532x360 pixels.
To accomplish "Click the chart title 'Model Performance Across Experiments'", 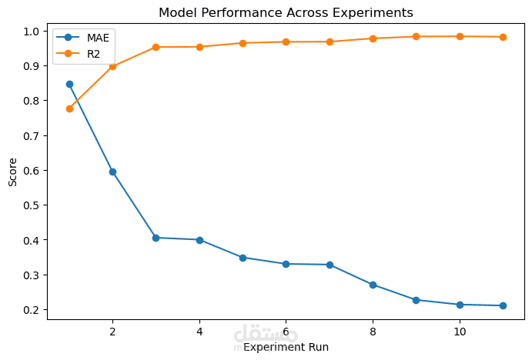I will tap(286, 12).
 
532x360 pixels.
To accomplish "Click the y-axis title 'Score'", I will tap(12, 172).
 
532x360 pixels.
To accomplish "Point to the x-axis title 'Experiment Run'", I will tap(286, 347).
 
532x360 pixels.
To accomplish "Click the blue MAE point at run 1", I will tap(69, 84).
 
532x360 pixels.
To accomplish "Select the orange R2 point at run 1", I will tap(69, 108).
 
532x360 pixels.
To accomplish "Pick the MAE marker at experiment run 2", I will tap(112, 172).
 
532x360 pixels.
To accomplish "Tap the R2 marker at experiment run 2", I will tap(112, 67).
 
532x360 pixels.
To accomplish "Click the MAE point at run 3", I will tap(156, 238).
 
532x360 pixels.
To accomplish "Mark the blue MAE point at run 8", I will tap(373, 285).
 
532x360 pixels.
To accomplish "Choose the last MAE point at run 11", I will tap(503, 305).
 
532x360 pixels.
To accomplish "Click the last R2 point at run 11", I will tap(503, 37).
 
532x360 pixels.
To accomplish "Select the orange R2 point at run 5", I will tap(243, 43).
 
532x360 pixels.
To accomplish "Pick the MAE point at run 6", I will tap(286, 264).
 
